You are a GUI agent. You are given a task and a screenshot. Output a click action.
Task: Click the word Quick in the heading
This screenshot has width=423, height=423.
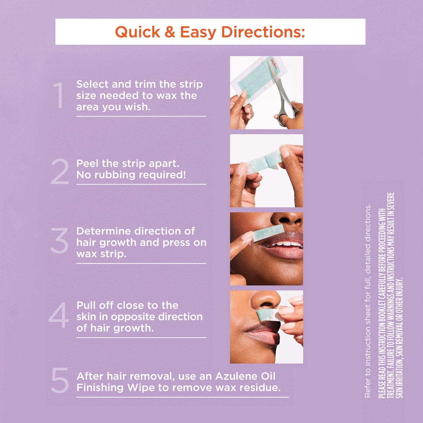(138, 32)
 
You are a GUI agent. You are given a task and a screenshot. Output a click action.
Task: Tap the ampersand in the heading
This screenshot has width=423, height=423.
(170, 32)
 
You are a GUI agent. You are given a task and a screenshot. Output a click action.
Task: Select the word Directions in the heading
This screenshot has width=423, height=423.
(263, 32)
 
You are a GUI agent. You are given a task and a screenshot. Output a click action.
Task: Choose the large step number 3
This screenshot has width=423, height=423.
(59, 241)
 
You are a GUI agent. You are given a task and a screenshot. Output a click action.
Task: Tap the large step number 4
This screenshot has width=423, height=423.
(59, 316)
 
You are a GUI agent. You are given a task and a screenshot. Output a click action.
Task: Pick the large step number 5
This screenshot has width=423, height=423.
(60, 380)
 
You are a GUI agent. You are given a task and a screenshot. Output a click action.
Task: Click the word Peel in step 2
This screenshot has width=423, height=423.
(88, 163)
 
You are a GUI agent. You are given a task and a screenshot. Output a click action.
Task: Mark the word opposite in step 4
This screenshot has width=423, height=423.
(133, 317)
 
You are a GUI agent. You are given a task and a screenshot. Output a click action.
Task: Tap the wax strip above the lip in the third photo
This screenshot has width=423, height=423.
(268, 233)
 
